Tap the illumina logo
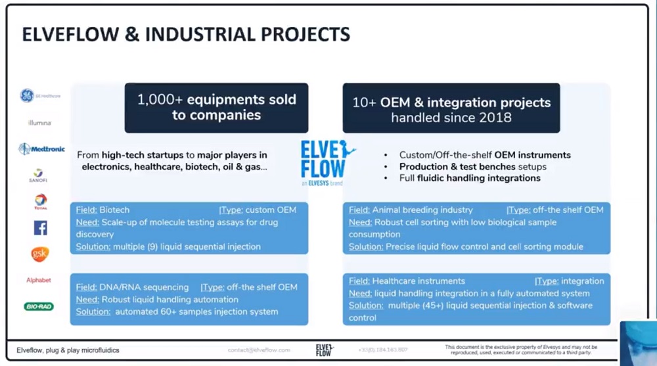pos(39,123)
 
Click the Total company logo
pos(40,202)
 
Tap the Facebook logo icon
pos(40,228)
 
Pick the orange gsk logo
pos(40,254)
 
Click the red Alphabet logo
pos(39,281)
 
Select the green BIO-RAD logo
pos(39,306)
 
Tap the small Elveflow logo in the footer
pos(325,349)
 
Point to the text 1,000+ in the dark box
pos(160,100)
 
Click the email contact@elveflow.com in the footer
pos(259,350)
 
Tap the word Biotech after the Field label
pos(114,210)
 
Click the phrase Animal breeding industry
pos(422,210)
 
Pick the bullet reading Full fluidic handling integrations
pos(470,178)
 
